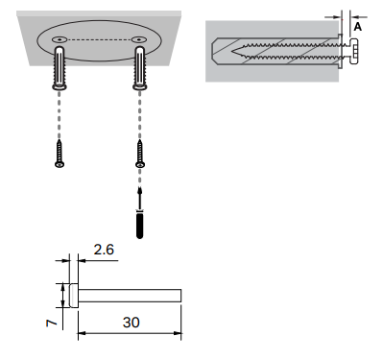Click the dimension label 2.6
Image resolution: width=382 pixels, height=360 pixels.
104,250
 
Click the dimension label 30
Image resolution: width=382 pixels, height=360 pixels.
131,323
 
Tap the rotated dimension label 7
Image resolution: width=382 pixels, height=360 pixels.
52,323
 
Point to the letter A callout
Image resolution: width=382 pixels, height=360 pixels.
358,27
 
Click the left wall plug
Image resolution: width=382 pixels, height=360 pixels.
60,68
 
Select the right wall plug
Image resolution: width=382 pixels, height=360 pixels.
140,68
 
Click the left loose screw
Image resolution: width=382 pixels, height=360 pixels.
60,154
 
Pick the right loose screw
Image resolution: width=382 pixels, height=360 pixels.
140,154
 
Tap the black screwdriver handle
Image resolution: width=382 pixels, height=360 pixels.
140,225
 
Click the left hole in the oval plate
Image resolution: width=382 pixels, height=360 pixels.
60,39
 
